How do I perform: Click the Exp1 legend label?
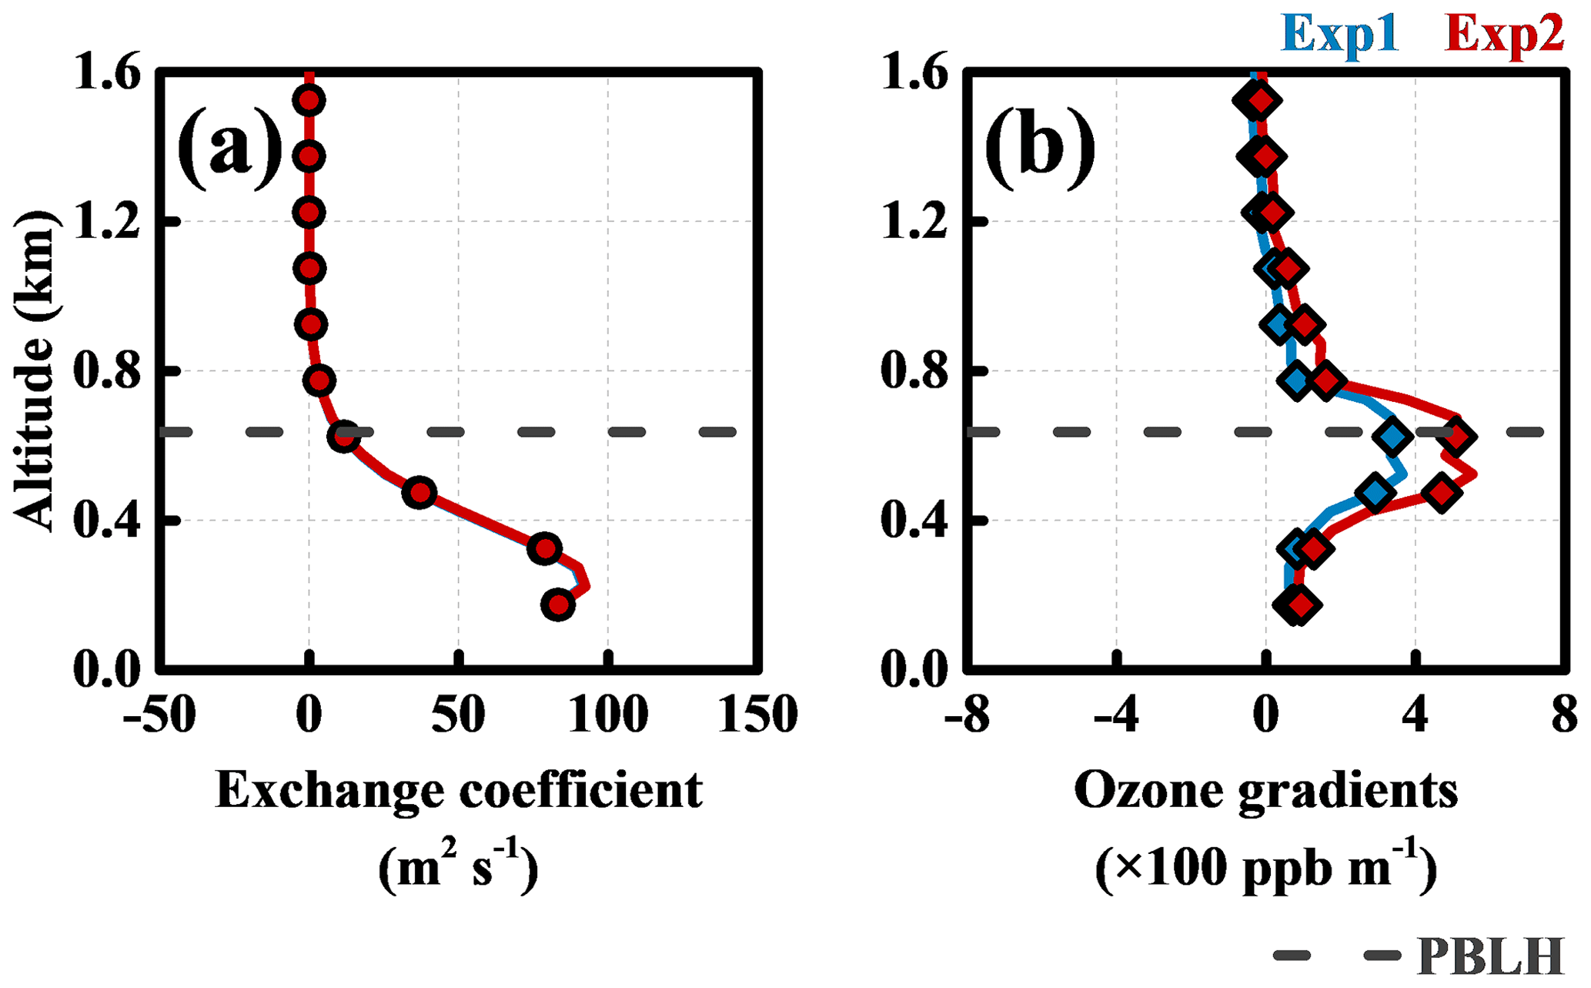tap(1340, 35)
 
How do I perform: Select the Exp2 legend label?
tap(1504, 35)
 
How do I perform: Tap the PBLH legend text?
tap(1490, 956)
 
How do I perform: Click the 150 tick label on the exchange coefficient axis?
tap(757, 715)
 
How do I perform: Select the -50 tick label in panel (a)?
tap(158, 715)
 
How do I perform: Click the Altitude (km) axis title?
tap(35, 370)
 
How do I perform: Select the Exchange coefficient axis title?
tap(459, 790)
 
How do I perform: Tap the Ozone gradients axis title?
tap(1265, 790)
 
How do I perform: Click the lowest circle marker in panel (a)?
tap(558, 605)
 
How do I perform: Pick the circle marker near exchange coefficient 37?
tap(419, 492)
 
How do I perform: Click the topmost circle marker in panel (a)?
tap(309, 100)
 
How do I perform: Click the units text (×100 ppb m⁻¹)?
tap(1265, 869)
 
